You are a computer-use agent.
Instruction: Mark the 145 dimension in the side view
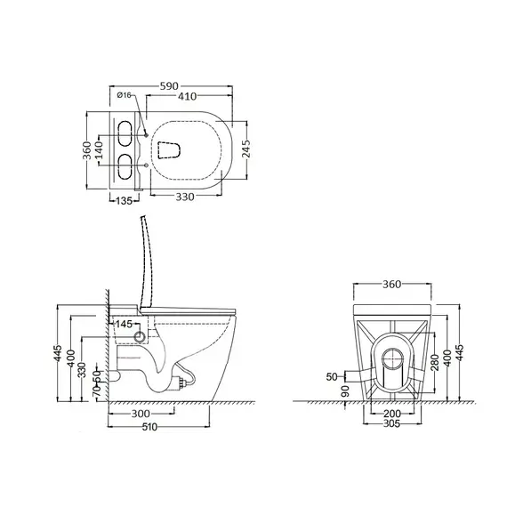[124, 325]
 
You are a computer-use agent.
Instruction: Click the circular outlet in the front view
[389, 358]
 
